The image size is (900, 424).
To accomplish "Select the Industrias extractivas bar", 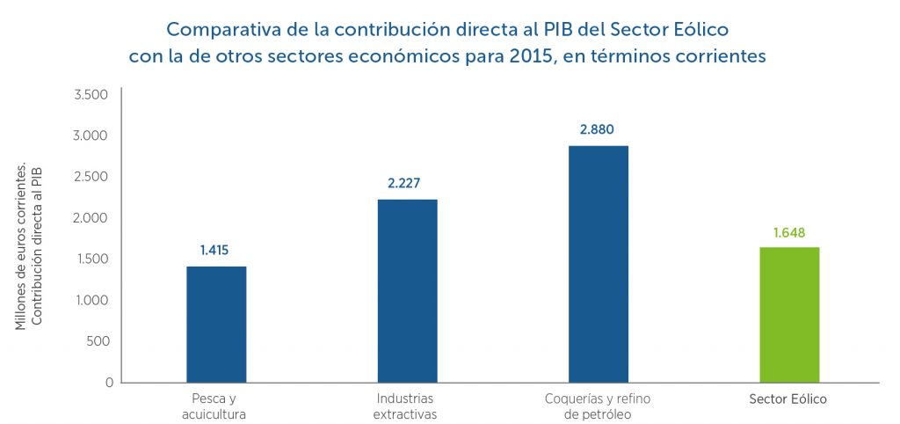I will [407, 290].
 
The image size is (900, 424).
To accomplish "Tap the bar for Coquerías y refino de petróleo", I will [598, 264].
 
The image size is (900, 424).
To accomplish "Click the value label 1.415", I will [214, 251].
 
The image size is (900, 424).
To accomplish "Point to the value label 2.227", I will [405, 184].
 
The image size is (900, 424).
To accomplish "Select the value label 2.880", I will [597, 129].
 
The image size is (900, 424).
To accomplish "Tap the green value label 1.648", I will [789, 232].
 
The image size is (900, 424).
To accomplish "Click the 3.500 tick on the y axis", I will [91, 94].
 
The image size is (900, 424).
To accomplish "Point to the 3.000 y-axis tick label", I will [91, 135].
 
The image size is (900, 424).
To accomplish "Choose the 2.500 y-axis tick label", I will [91, 177].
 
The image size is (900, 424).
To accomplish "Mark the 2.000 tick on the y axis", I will [91, 218].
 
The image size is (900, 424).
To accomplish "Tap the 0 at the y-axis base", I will [109, 383].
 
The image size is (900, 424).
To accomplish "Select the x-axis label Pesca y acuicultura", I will [216, 406].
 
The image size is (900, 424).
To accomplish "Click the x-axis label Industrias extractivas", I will [405, 406].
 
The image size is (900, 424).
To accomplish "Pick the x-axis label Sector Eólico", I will [788, 398].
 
